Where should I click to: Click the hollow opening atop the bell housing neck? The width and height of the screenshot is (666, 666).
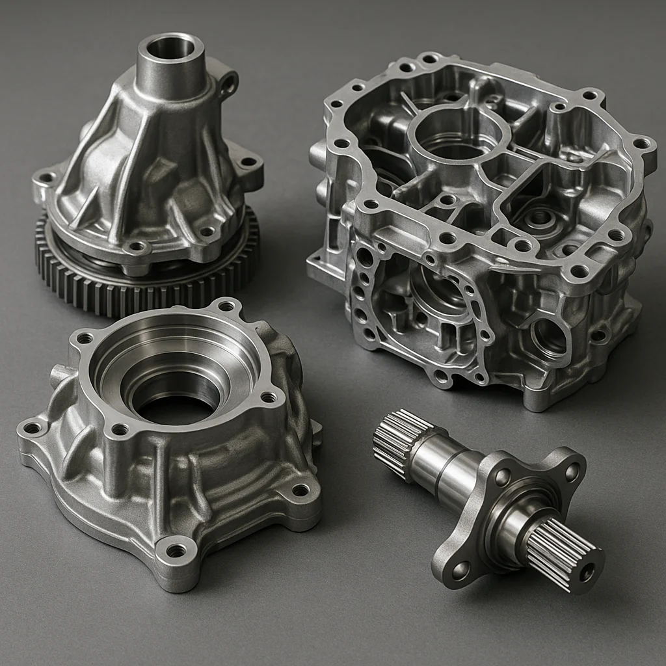point(171,47)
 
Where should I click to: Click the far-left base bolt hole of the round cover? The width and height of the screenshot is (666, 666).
point(32,427)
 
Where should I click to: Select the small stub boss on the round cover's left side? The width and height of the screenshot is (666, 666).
point(58,375)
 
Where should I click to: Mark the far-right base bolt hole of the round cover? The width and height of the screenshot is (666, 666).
point(300,489)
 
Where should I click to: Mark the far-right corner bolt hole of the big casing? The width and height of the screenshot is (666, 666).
point(641,144)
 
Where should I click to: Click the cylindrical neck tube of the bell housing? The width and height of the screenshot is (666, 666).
point(170,72)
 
